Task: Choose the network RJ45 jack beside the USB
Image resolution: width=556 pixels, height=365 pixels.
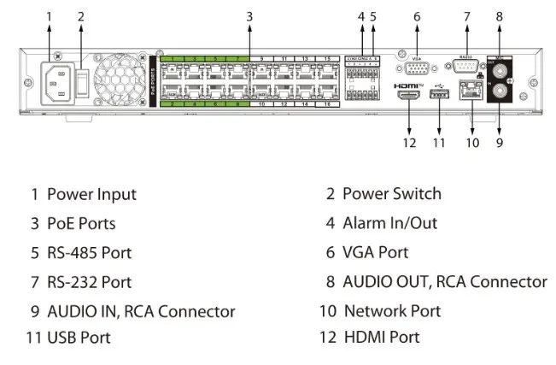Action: pyautogui.click(x=469, y=91)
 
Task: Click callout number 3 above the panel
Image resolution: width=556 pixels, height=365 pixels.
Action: pyautogui.click(x=249, y=15)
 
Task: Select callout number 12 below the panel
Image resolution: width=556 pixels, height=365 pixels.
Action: pyautogui.click(x=409, y=143)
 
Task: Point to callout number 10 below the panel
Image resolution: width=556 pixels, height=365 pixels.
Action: pyautogui.click(x=472, y=143)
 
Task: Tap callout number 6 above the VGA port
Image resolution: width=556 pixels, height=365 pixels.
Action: pyautogui.click(x=417, y=15)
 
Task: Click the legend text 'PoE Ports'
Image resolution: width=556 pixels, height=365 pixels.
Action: pyautogui.click(x=80, y=223)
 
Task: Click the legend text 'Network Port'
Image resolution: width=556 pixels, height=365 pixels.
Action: pyautogui.click(x=392, y=310)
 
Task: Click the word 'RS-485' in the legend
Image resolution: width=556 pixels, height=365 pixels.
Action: pyautogui.click(x=73, y=252)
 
